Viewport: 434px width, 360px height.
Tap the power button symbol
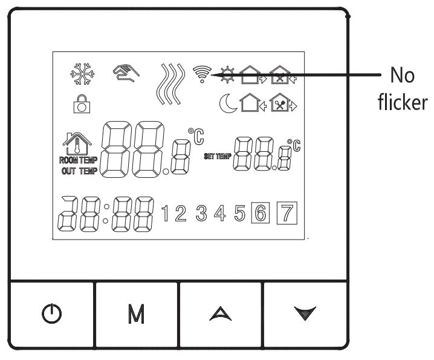click(52, 313)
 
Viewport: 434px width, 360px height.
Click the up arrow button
click(220, 314)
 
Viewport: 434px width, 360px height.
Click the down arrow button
click(305, 313)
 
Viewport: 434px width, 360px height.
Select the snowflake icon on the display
click(82, 74)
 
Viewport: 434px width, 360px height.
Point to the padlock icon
click(82, 104)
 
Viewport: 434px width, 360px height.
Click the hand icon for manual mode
click(126, 73)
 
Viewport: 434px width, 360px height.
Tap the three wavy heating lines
click(170, 84)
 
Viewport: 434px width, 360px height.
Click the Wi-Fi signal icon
click(202, 74)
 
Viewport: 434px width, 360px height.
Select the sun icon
click(227, 74)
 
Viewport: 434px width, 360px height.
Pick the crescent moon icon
click(227, 103)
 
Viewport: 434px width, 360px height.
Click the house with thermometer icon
click(77, 143)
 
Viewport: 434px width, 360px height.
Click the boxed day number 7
click(287, 213)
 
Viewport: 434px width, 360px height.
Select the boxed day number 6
click(261, 213)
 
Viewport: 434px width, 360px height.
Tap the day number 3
click(201, 213)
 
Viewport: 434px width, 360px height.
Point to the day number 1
click(165, 213)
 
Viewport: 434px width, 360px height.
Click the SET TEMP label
click(218, 156)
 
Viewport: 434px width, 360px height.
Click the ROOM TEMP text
click(79, 160)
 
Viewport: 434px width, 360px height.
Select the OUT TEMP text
click(79, 171)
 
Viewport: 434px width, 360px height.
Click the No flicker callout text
click(403, 89)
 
